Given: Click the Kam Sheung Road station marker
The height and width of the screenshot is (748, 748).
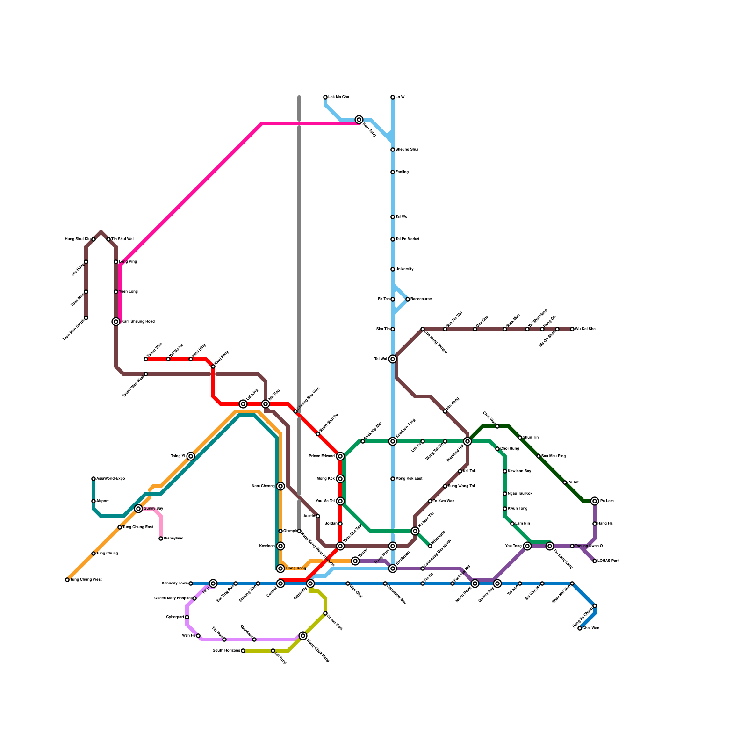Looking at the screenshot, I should point(116,322).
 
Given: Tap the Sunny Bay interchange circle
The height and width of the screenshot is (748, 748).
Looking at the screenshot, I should point(138,509).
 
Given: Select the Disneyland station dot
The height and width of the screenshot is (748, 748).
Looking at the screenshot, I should point(161,539).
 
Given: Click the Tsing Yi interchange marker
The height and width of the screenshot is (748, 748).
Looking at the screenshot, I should point(191,456).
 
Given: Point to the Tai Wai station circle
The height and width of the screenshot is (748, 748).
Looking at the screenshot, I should point(393,359).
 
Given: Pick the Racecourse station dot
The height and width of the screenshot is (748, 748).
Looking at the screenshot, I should point(408,299).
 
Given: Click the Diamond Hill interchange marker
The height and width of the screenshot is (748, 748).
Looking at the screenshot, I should point(467,441).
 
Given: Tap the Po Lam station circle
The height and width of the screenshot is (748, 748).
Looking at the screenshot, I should point(595,501).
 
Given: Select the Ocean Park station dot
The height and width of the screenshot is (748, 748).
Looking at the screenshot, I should point(325,613).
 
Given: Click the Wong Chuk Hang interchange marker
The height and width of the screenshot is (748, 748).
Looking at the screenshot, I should point(303,636).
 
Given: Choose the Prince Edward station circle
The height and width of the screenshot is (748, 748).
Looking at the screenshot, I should point(340,456).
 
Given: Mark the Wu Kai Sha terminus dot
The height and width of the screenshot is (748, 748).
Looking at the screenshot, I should point(572,329).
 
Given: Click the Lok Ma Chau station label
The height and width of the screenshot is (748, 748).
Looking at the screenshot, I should point(338,97).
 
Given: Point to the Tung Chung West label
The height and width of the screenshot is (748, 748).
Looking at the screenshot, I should point(86,580).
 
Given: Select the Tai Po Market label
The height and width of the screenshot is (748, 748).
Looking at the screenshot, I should point(407,239).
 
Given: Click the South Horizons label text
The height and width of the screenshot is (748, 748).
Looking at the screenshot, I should point(226,651).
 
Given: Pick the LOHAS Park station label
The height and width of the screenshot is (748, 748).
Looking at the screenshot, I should point(608,561).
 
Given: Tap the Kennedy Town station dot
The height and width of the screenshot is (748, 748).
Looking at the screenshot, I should point(191,583).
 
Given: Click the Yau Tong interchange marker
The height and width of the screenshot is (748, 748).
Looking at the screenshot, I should point(527,546).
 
